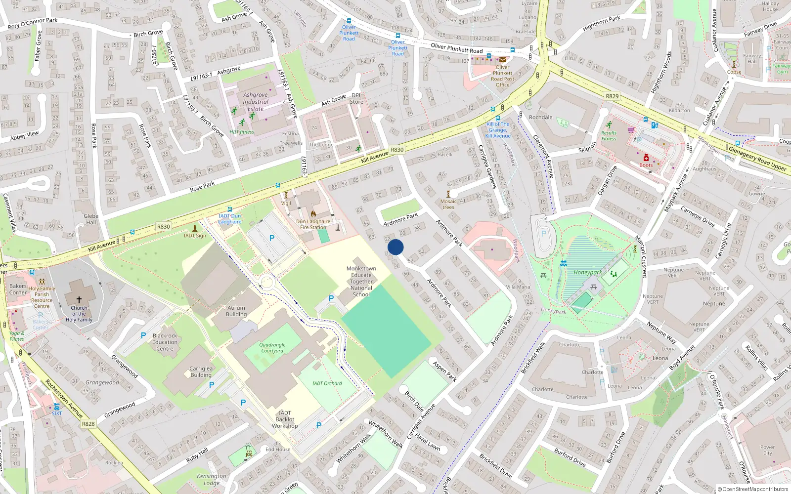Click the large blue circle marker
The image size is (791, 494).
[395, 247]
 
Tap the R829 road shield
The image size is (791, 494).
[612, 96]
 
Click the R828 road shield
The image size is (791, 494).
[88, 424]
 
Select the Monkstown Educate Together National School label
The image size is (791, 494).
[361, 282]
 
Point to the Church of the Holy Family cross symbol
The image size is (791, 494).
[79, 299]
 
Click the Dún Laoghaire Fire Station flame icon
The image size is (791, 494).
[313, 214]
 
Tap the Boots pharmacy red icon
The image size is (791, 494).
[646, 158]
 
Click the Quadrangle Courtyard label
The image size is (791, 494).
[272, 348]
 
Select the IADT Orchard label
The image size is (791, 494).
[327, 383]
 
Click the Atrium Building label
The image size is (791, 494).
[236, 311]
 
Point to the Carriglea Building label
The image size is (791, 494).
[201, 371]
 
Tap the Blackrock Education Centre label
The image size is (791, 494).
[165, 342]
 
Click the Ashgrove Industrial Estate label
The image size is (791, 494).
[255, 102]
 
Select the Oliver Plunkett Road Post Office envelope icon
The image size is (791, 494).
[502, 60]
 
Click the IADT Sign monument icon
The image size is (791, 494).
[195, 228]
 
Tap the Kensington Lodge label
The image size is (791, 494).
[212, 479]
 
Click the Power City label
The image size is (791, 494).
[767, 450]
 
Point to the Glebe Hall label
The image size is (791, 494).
[91, 219]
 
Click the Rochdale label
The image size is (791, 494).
[540, 117]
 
